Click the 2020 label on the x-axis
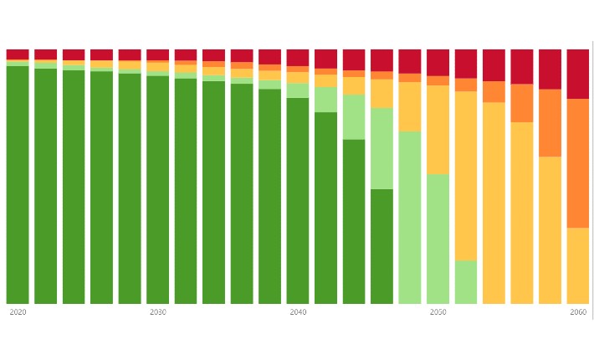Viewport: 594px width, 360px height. tap(18, 312)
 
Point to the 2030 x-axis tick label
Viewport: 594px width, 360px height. tap(157, 312)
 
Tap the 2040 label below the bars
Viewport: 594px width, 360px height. tap(298, 312)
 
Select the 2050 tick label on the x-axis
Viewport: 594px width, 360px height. tap(438, 312)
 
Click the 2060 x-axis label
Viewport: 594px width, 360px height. tap(578, 312)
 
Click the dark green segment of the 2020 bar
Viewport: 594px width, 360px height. tap(18, 184)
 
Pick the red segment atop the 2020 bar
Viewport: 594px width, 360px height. tap(18, 54)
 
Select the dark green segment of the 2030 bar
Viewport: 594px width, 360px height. tap(157, 189)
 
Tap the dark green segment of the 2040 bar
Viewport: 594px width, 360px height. tap(298, 201)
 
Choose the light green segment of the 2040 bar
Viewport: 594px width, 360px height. tap(298, 90)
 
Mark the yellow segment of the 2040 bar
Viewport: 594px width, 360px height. tap(298, 77)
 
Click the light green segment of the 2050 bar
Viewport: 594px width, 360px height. tap(438, 239)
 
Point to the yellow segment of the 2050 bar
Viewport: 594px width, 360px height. tap(438, 130)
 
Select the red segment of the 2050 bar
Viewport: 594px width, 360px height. tap(438, 62)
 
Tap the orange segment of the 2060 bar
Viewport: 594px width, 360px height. tap(578, 163)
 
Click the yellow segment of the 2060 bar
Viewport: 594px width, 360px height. tap(578, 265)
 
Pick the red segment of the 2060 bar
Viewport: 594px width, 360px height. tap(578, 74)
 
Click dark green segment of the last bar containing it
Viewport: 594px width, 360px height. tap(381, 246)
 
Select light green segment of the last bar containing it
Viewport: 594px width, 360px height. tap(466, 282)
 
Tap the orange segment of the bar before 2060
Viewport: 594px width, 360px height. tap(550, 123)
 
